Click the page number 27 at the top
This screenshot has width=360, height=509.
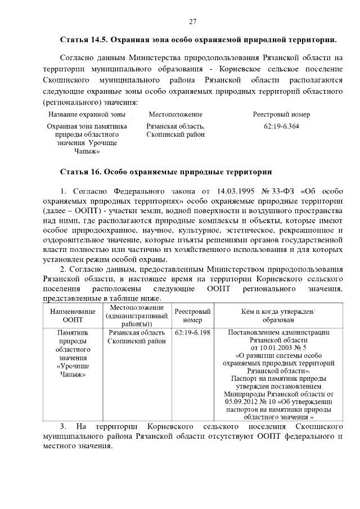[x=192, y=21]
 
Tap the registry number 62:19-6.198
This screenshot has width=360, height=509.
[x=192, y=332]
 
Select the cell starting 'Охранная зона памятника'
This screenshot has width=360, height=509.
[x=87, y=138]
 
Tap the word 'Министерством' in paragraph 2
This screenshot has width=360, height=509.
[x=237, y=269]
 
